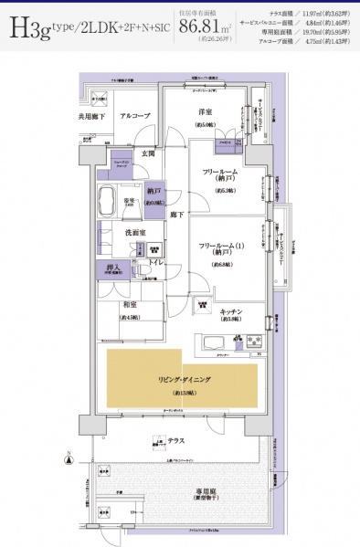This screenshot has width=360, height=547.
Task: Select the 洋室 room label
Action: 206,111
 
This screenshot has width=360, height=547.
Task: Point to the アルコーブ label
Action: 135,117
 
